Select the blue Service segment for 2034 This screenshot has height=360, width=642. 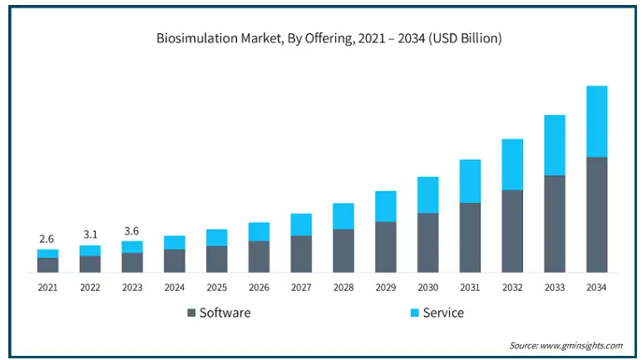(x=596, y=121)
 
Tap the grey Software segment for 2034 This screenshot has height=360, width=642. (x=596, y=215)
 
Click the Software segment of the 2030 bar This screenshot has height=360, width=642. (x=427, y=242)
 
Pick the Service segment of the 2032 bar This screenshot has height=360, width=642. (x=512, y=165)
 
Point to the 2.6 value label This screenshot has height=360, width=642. (x=47, y=239)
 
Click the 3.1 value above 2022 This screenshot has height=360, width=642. (x=90, y=235)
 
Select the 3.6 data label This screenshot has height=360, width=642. (x=132, y=231)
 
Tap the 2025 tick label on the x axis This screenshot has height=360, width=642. (x=216, y=288)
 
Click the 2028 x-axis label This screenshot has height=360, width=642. (x=343, y=288)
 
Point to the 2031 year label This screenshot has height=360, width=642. (x=470, y=288)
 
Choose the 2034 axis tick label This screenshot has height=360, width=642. (x=596, y=288)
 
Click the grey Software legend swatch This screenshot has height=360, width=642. (x=191, y=313)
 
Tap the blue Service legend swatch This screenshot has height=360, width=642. (x=414, y=313)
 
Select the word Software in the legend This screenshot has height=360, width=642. (x=225, y=313)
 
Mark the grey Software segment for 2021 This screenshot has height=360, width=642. (x=47, y=264)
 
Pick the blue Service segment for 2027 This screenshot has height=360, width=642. (x=301, y=224)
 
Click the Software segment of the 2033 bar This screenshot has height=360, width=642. (x=555, y=224)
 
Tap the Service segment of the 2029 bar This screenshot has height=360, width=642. (x=385, y=206)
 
